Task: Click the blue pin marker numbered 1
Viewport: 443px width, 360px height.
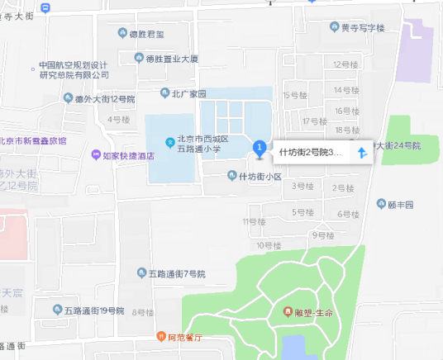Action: pyautogui.click(x=259, y=149)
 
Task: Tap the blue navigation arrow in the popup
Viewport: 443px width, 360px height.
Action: pyautogui.click(x=361, y=153)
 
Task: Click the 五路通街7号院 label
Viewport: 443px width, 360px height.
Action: pyautogui.click(x=176, y=273)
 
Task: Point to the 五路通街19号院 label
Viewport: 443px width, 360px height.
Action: pyautogui.click(x=94, y=310)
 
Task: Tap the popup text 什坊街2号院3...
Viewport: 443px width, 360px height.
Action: pyautogui.click(x=310, y=153)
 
